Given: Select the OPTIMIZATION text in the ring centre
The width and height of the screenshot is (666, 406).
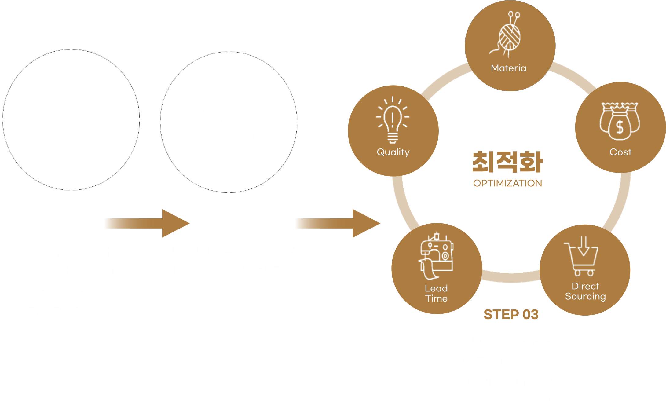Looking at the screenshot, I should click(x=507, y=183).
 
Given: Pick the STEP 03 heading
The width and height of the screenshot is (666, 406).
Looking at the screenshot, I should click(x=511, y=314).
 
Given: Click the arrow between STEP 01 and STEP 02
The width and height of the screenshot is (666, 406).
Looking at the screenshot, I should click(x=147, y=223).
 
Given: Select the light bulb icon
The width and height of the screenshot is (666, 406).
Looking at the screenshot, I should click(x=393, y=121).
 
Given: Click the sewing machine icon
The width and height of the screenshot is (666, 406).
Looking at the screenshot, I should click(x=436, y=256).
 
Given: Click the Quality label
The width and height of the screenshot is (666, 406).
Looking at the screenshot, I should click(x=393, y=152).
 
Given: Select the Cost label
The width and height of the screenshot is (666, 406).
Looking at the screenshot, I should click(x=620, y=152).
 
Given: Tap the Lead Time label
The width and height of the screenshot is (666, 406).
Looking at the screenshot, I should click(x=436, y=293).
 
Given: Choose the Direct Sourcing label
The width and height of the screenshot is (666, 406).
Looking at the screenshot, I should click(x=585, y=291).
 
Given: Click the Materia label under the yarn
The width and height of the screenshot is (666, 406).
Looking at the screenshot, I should click(x=508, y=68).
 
